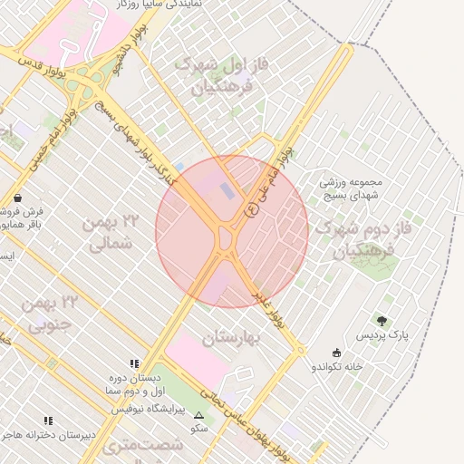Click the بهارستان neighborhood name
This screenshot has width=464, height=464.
click(x=230, y=338)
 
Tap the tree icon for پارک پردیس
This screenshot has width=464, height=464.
click(x=382, y=321)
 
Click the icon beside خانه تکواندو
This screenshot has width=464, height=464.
click(x=337, y=353)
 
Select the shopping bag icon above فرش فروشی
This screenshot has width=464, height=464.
click(x=18, y=197)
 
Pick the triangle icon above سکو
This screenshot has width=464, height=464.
click(x=198, y=414)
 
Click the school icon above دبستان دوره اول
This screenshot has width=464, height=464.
click(x=134, y=362)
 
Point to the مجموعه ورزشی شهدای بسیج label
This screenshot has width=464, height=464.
click(x=353, y=188)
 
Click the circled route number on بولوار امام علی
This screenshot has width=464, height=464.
click(x=251, y=210)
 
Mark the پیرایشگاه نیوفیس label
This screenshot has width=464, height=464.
click(x=148, y=410)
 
